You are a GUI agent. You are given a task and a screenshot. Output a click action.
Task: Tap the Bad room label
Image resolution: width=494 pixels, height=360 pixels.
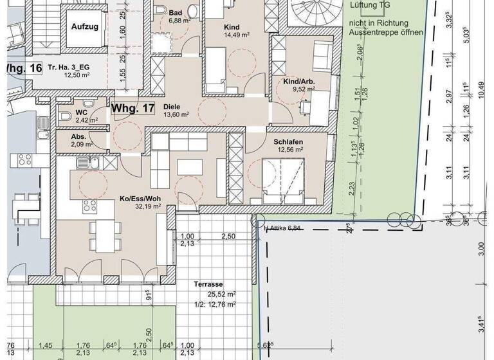[x=176, y=12]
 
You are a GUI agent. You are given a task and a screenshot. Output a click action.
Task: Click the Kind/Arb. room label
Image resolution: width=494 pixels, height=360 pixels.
[x=298, y=82]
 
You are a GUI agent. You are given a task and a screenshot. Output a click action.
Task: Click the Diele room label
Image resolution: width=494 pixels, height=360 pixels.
[x=171, y=107]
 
